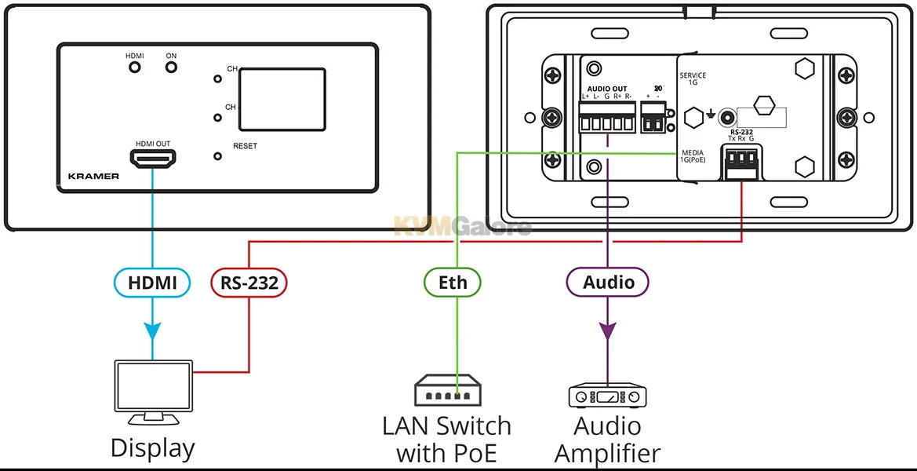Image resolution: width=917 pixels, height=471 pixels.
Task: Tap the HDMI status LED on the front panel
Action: [135, 68]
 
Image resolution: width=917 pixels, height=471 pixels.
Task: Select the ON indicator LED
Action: [171, 68]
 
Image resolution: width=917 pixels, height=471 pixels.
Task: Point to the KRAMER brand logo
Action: [93, 177]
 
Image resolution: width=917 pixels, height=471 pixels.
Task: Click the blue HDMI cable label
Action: [153, 283]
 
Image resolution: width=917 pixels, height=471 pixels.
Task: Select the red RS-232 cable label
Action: [249, 283]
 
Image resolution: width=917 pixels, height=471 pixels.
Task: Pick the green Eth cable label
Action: [453, 283]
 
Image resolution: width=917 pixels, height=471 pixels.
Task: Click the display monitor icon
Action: [153, 389]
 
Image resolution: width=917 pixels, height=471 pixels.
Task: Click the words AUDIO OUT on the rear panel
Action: [607, 88]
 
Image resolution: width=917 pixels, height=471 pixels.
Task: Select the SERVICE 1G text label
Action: [693, 78]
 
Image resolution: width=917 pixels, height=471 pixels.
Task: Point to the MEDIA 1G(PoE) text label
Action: [693, 155]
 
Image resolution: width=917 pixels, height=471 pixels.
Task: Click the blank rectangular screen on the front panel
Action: [282, 99]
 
